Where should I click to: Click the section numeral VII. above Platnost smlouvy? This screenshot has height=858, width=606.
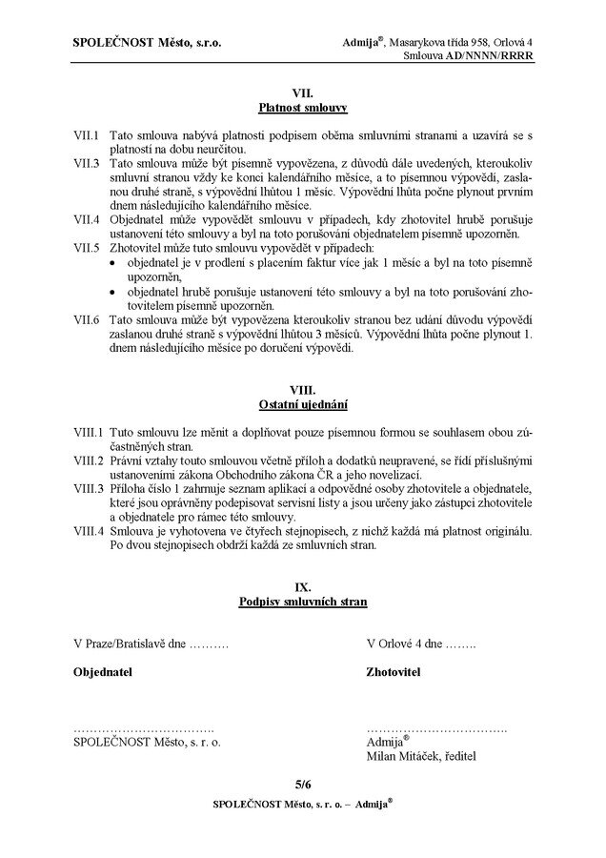coord(302,93)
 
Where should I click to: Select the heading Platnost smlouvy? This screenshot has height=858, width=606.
coord(302,108)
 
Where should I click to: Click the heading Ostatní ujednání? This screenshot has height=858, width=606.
coord(302,404)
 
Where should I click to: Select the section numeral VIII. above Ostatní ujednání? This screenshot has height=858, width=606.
coord(302,390)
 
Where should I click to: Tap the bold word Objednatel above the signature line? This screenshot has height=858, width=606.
coord(103,672)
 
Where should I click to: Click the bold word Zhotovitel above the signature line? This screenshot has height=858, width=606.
coord(394,672)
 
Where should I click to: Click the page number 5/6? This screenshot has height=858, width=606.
coord(302,785)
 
